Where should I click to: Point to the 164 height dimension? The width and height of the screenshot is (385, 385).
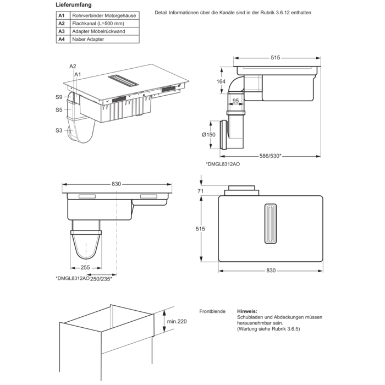(221, 82)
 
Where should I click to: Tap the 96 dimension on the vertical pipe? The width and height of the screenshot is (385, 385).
(235, 101)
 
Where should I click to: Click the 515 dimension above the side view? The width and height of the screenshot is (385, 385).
(276, 57)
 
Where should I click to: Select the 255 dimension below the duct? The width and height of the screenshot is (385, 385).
(85, 268)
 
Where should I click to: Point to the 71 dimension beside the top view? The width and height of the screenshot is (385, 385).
(200, 190)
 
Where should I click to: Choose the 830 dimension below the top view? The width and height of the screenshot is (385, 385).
(270, 270)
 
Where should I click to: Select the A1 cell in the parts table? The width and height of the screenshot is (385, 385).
(62, 15)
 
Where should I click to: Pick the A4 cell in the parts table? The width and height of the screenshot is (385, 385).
(62, 40)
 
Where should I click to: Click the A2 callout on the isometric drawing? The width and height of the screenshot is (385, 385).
(72, 66)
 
